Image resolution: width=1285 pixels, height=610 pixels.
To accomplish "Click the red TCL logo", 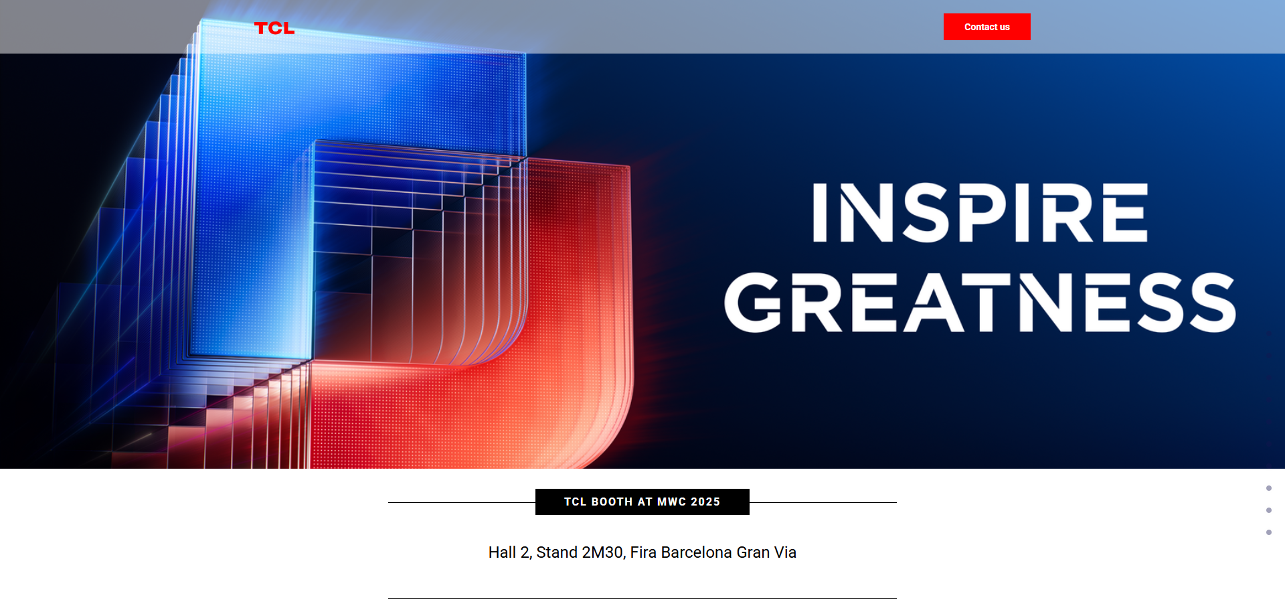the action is [274, 28].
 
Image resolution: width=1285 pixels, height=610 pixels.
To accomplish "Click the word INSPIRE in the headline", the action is [980, 212].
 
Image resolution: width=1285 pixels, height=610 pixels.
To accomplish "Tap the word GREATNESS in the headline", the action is [980, 302].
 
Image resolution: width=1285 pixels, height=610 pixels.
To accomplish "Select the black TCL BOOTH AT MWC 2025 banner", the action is [642, 502].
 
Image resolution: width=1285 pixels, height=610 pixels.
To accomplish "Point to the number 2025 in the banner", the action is [705, 502].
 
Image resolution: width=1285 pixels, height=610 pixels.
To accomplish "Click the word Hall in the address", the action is [503, 552].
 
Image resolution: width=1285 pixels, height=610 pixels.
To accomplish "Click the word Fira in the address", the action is [643, 552].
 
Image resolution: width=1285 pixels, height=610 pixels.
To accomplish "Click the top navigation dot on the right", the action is [1269, 488].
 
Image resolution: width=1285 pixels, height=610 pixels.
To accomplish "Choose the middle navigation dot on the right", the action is [1269, 510].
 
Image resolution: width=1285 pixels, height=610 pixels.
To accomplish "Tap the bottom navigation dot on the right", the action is [1269, 532].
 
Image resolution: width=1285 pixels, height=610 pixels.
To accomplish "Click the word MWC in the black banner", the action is [672, 502].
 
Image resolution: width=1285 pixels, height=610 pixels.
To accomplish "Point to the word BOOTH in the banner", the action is [612, 502].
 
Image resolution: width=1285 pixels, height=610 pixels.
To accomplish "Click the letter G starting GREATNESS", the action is [754, 302].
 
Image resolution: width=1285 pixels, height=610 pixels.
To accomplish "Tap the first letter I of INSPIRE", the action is [820, 212].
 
